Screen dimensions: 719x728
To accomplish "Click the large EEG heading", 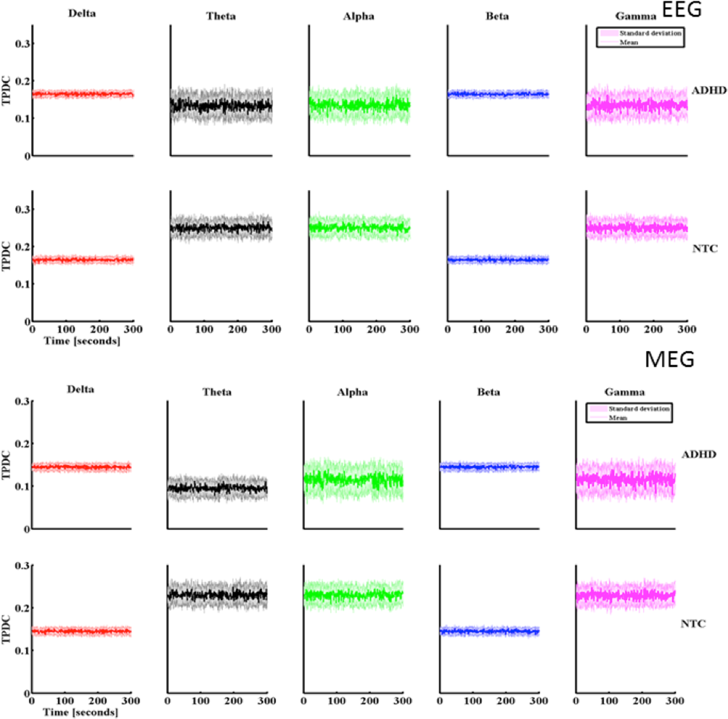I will pyautogui.click(x=682, y=9).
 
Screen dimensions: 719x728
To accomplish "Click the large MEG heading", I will pyautogui.click(x=669, y=359).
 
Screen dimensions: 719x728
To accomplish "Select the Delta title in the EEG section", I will pyautogui.click(x=82, y=13).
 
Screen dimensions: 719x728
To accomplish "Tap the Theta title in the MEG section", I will pyautogui.click(x=217, y=392).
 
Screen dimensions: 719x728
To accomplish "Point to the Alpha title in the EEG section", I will pyautogui.click(x=358, y=17).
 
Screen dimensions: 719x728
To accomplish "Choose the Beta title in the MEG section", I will pyautogui.click(x=489, y=392).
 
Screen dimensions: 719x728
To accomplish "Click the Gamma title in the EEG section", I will pyautogui.click(x=636, y=17).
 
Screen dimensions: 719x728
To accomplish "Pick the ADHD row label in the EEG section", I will pyautogui.click(x=709, y=90).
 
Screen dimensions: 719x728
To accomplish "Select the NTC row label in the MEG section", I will pyautogui.click(x=693, y=624).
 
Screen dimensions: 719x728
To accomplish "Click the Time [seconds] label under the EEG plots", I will pyautogui.click(x=82, y=341).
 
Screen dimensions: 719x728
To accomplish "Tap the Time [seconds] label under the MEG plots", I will pyautogui.click(x=81, y=712).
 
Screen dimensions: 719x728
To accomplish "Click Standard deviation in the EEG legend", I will pyautogui.click(x=650, y=33).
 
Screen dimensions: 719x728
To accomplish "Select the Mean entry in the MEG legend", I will pyautogui.click(x=618, y=418).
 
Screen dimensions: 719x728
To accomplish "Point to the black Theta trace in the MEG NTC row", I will pyautogui.click(x=217, y=595).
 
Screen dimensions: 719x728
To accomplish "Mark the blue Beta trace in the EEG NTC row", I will pyautogui.click(x=498, y=260).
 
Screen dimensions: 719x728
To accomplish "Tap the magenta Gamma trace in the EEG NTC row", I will pyautogui.click(x=636, y=228).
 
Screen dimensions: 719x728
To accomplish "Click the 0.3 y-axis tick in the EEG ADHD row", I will pyautogui.click(x=22, y=44).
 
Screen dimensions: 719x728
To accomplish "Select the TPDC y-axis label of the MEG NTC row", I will pyautogui.click(x=6, y=629).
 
